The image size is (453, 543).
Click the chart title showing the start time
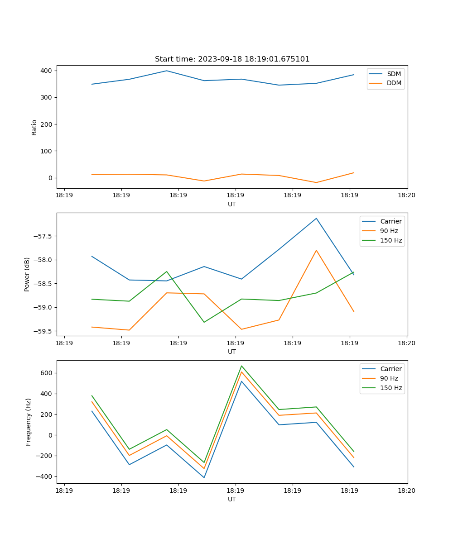pyautogui.click(x=232, y=59)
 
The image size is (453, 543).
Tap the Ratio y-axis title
pyautogui.click(x=34, y=127)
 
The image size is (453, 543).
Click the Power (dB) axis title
pyautogui.click(x=27, y=274)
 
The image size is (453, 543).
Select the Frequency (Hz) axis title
pyautogui.click(x=29, y=422)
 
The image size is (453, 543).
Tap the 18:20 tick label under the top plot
pyautogui.click(x=406, y=195)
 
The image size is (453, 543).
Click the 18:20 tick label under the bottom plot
pyautogui.click(x=406, y=491)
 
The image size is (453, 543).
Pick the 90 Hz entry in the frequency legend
pyautogui.click(x=389, y=378)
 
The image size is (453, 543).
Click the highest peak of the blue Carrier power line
pyautogui.click(x=316, y=219)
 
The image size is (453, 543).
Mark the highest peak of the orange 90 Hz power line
pyautogui.click(x=316, y=250)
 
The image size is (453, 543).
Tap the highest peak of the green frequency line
pyautogui.click(x=241, y=366)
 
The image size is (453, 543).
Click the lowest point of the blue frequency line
pyautogui.click(x=204, y=477)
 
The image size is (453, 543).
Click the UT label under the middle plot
pyautogui.click(x=232, y=352)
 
